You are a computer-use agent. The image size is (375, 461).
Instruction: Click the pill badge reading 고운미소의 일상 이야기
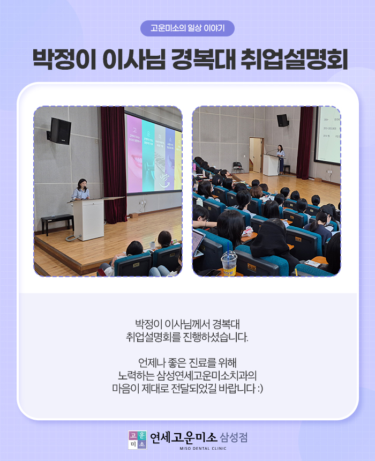[187, 28]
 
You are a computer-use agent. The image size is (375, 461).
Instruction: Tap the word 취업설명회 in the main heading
[294, 60]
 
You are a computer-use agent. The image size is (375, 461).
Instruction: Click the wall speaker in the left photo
[59, 131]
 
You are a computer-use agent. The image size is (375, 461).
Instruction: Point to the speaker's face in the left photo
[82, 184]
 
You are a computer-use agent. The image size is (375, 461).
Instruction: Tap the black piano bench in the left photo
[57, 224]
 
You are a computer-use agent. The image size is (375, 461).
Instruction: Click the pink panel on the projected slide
[134, 154]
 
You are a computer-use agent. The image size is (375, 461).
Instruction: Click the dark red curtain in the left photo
[114, 164]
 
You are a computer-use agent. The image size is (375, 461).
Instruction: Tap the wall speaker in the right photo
[282, 121]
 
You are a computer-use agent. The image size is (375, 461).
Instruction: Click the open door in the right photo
[256, 154]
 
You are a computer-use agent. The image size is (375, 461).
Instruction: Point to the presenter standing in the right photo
[281, 159]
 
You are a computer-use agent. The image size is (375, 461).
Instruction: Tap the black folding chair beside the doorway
[238, 168]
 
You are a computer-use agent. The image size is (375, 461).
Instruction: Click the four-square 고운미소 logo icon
[137, 440]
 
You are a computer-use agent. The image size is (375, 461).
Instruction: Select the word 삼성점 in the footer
[234, 437]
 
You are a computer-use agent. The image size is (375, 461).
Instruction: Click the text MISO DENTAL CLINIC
[203, 448]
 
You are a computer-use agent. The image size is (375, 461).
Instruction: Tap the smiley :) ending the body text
[260, 389]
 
